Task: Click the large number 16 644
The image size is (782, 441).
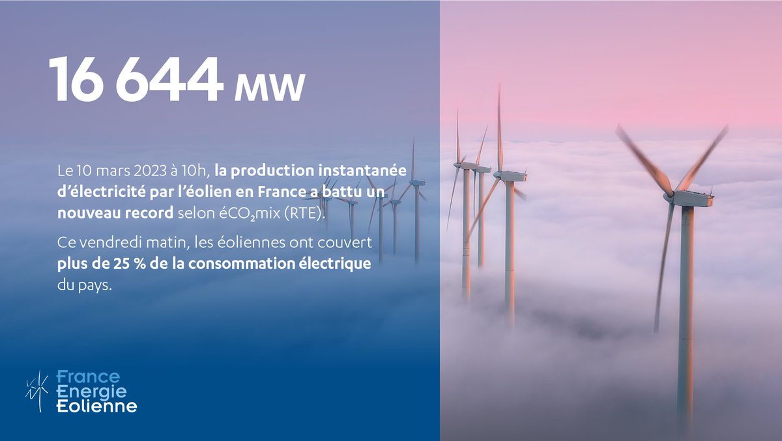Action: [136, 80]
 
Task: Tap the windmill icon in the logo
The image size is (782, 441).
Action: [37, 391]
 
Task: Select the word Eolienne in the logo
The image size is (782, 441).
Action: [96, 406]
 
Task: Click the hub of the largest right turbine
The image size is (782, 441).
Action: [669, 194]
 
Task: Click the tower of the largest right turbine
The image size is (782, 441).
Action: [684, 313]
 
